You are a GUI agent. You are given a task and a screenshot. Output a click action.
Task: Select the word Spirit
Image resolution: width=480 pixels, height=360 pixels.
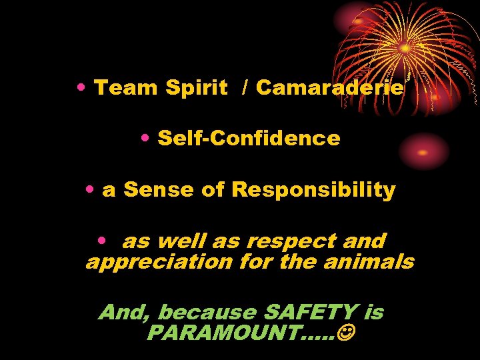pos(196,88)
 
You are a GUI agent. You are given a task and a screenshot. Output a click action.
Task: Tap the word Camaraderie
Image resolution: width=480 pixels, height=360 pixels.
pos(329,88)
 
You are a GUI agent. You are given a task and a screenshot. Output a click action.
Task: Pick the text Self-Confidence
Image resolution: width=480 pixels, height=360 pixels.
pos(249,139)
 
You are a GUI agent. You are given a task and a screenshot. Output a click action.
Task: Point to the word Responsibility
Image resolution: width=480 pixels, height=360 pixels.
pos(313,190)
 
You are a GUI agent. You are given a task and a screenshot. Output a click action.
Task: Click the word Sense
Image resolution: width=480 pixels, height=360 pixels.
pos(158,190)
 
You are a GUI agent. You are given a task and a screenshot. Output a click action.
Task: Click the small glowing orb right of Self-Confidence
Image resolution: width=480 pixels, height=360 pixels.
pos(423,151)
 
